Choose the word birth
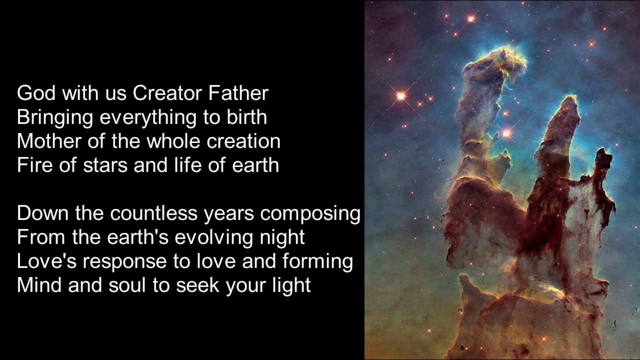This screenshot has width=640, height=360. [248, 117]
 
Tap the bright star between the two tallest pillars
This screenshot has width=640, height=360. [507, 133]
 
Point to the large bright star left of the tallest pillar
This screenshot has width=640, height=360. [400, 95]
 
